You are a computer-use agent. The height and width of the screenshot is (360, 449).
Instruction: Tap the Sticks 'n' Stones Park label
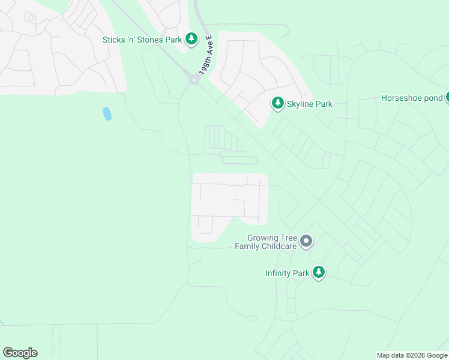tap(142, 40)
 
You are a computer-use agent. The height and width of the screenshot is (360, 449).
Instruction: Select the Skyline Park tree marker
tap(278, 104)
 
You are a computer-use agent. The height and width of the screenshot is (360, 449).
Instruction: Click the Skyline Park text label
tap(310, 104)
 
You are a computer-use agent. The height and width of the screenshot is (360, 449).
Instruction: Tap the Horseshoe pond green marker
tap(447, 97)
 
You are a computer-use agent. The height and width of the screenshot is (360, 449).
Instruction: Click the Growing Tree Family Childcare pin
tap(306, 242)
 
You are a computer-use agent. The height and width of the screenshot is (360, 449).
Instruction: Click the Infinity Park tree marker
tap(319, 273)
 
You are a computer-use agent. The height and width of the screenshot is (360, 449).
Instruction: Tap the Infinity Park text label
tap(287, 274)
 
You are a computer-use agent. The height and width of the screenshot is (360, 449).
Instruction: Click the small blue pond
tap(107, 113)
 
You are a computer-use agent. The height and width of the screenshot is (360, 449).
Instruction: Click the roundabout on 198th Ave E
tap(194, 79)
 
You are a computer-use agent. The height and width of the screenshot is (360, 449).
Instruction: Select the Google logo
tap(20, 353)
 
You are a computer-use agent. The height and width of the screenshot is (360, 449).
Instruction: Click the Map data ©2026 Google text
tap(412, 355)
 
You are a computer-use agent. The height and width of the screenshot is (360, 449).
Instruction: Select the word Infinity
tap(279, 274)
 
